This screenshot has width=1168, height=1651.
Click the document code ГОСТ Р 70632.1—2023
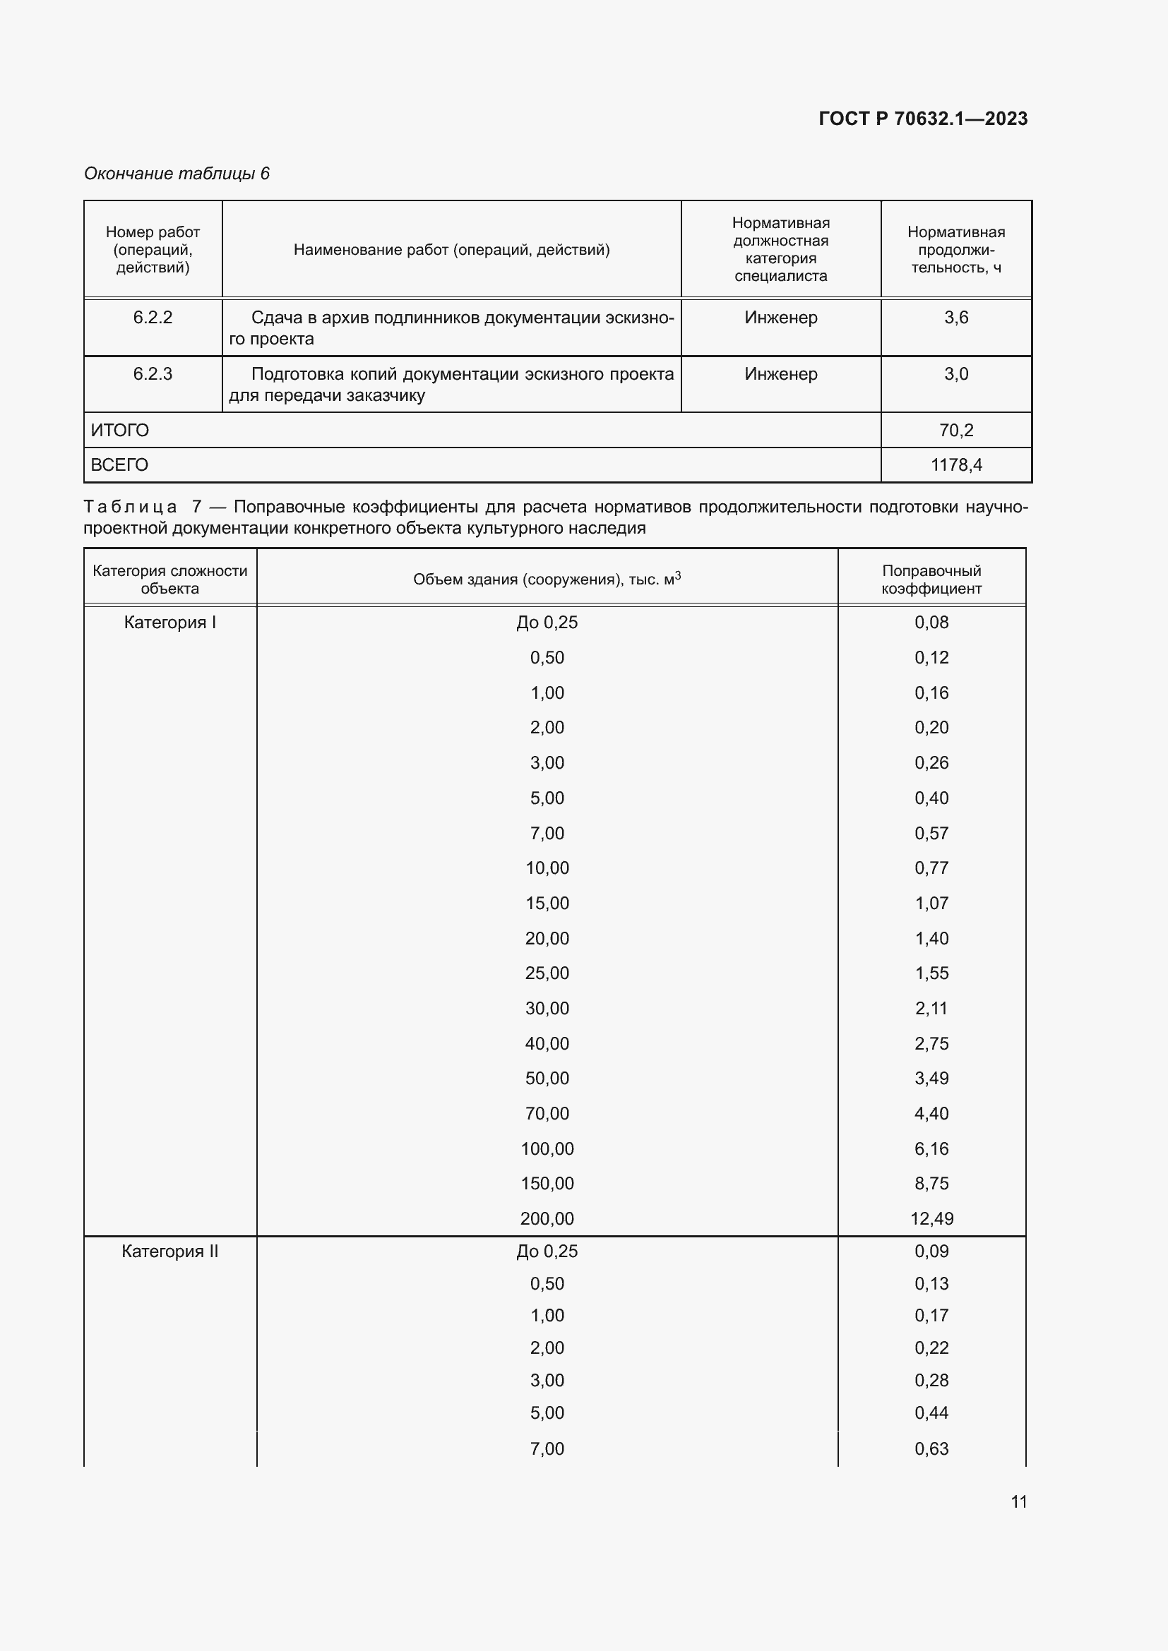pyautogui.click(x=923, y=119)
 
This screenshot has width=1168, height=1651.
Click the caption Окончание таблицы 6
pyautogui.click(x=177, y=174)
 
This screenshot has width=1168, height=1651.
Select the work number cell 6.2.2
pyautogui.click(x=153, y=317)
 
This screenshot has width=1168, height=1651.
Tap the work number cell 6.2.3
pyautogui.click(x=153, y=374)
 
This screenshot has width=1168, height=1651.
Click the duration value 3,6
pyautogui.click(x=956, y=317)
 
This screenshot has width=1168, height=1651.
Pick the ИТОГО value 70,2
pyautogui.click(x=956, y=430)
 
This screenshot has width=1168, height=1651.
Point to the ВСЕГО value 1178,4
pyautogui.click(x=956, y=464)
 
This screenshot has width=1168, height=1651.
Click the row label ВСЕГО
pyautogui.click(x=119, y=464)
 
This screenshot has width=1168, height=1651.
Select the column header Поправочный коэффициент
pyautogui.click(x=931, y=579)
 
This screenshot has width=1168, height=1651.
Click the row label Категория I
pyautogui.click(x=169, y=622)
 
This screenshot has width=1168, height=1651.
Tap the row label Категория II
pyautogui.click(x=169, y=1251)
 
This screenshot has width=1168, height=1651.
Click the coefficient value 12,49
pyautogui.click(x=931, y=1218)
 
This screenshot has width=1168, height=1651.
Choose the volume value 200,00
pyautogui.click(x=547, y=1218)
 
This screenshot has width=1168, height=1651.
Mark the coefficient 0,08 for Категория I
pyautogui.click(x=931, y=622)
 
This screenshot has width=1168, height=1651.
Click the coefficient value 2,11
pyautogui.click(x=931, y=1008)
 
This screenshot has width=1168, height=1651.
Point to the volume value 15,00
pyautogui.click(x=547, y=903)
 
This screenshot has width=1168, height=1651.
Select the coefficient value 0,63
pyautogui.click(x=931, y=1448)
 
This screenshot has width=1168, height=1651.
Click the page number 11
pyautogui.click(x=1018, y=1501)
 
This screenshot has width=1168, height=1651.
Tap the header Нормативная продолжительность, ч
pyautogui.click(x=956, y=249)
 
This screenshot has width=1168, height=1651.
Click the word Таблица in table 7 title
pyautogui.click(x=130, y=507)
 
